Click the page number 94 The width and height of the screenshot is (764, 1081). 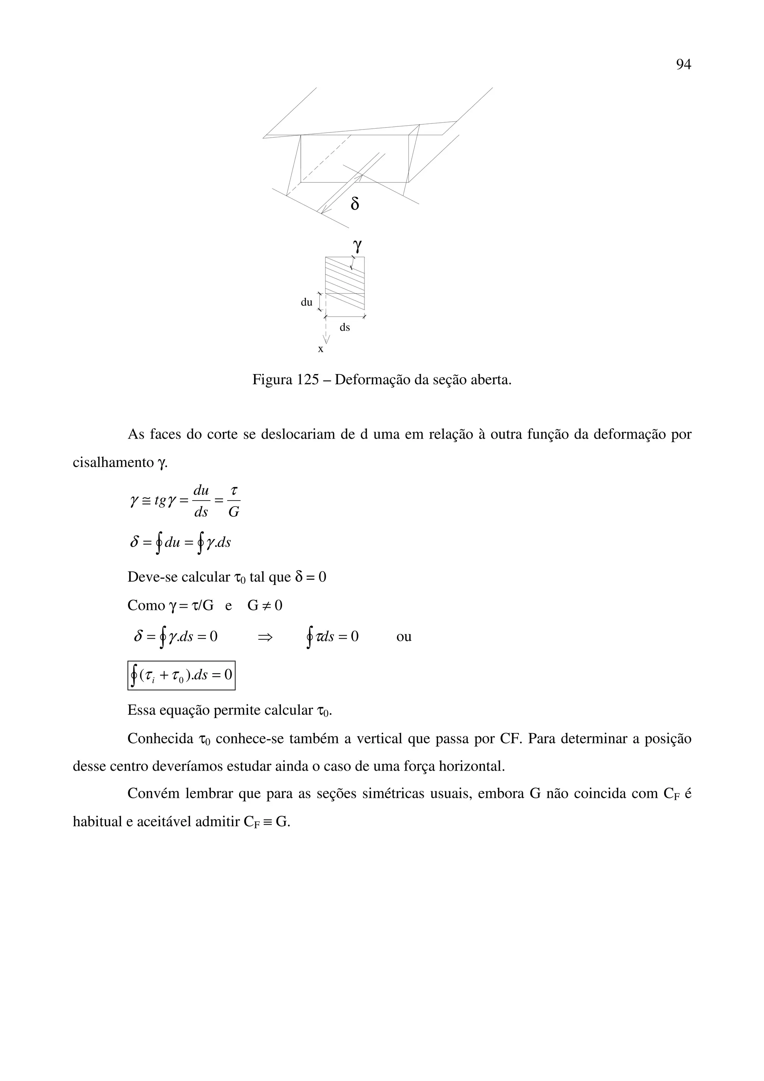683,64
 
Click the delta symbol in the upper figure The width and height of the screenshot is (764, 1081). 355,204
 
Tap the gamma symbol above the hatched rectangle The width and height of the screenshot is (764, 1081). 357,245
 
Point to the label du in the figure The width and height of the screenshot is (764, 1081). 306,302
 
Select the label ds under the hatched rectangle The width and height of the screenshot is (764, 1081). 345,327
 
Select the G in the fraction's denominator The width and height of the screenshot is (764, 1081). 234,512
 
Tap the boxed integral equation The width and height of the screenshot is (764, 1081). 181,676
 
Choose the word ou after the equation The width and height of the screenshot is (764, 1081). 404,636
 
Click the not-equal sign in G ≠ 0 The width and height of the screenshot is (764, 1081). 266,605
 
